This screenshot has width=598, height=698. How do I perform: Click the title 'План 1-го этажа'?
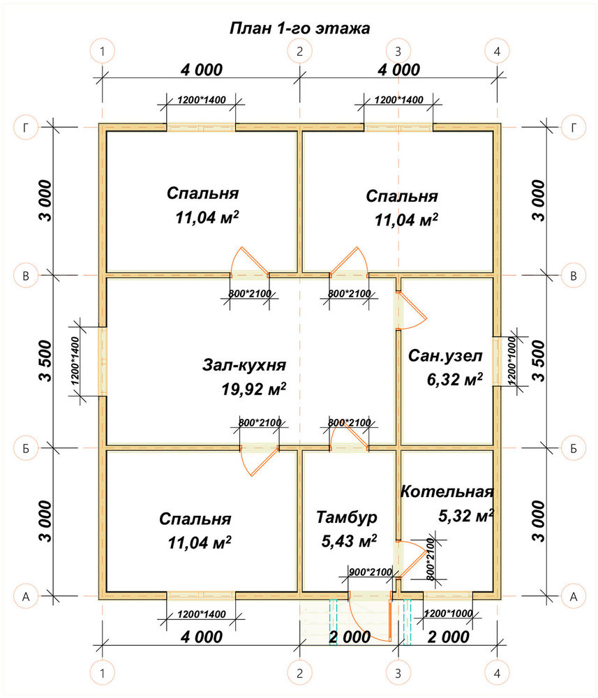299,29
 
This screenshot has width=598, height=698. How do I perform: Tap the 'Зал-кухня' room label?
244,365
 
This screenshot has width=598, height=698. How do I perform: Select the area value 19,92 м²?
254,389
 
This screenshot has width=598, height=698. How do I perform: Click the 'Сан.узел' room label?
445,356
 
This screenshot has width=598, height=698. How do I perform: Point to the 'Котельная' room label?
447,491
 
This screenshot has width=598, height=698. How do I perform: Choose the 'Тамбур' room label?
347,517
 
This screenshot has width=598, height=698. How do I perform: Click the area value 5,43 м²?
350,542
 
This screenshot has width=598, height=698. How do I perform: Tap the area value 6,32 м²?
455,380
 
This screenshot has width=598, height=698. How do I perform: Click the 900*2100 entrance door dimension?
371,572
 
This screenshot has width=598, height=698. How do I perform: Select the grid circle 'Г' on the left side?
26,128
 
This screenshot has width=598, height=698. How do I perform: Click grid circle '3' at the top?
398,52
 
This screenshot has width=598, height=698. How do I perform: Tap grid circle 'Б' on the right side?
573,448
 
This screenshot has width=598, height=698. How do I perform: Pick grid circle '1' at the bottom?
103,673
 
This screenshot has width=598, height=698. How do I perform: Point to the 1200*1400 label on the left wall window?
75,361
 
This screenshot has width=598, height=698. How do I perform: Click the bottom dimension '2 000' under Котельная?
449,637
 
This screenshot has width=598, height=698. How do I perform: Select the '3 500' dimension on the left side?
45,361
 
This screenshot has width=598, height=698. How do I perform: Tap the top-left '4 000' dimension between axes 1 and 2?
202,70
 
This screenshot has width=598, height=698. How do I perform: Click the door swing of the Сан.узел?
411,311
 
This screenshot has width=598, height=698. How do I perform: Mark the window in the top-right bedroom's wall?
398,127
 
